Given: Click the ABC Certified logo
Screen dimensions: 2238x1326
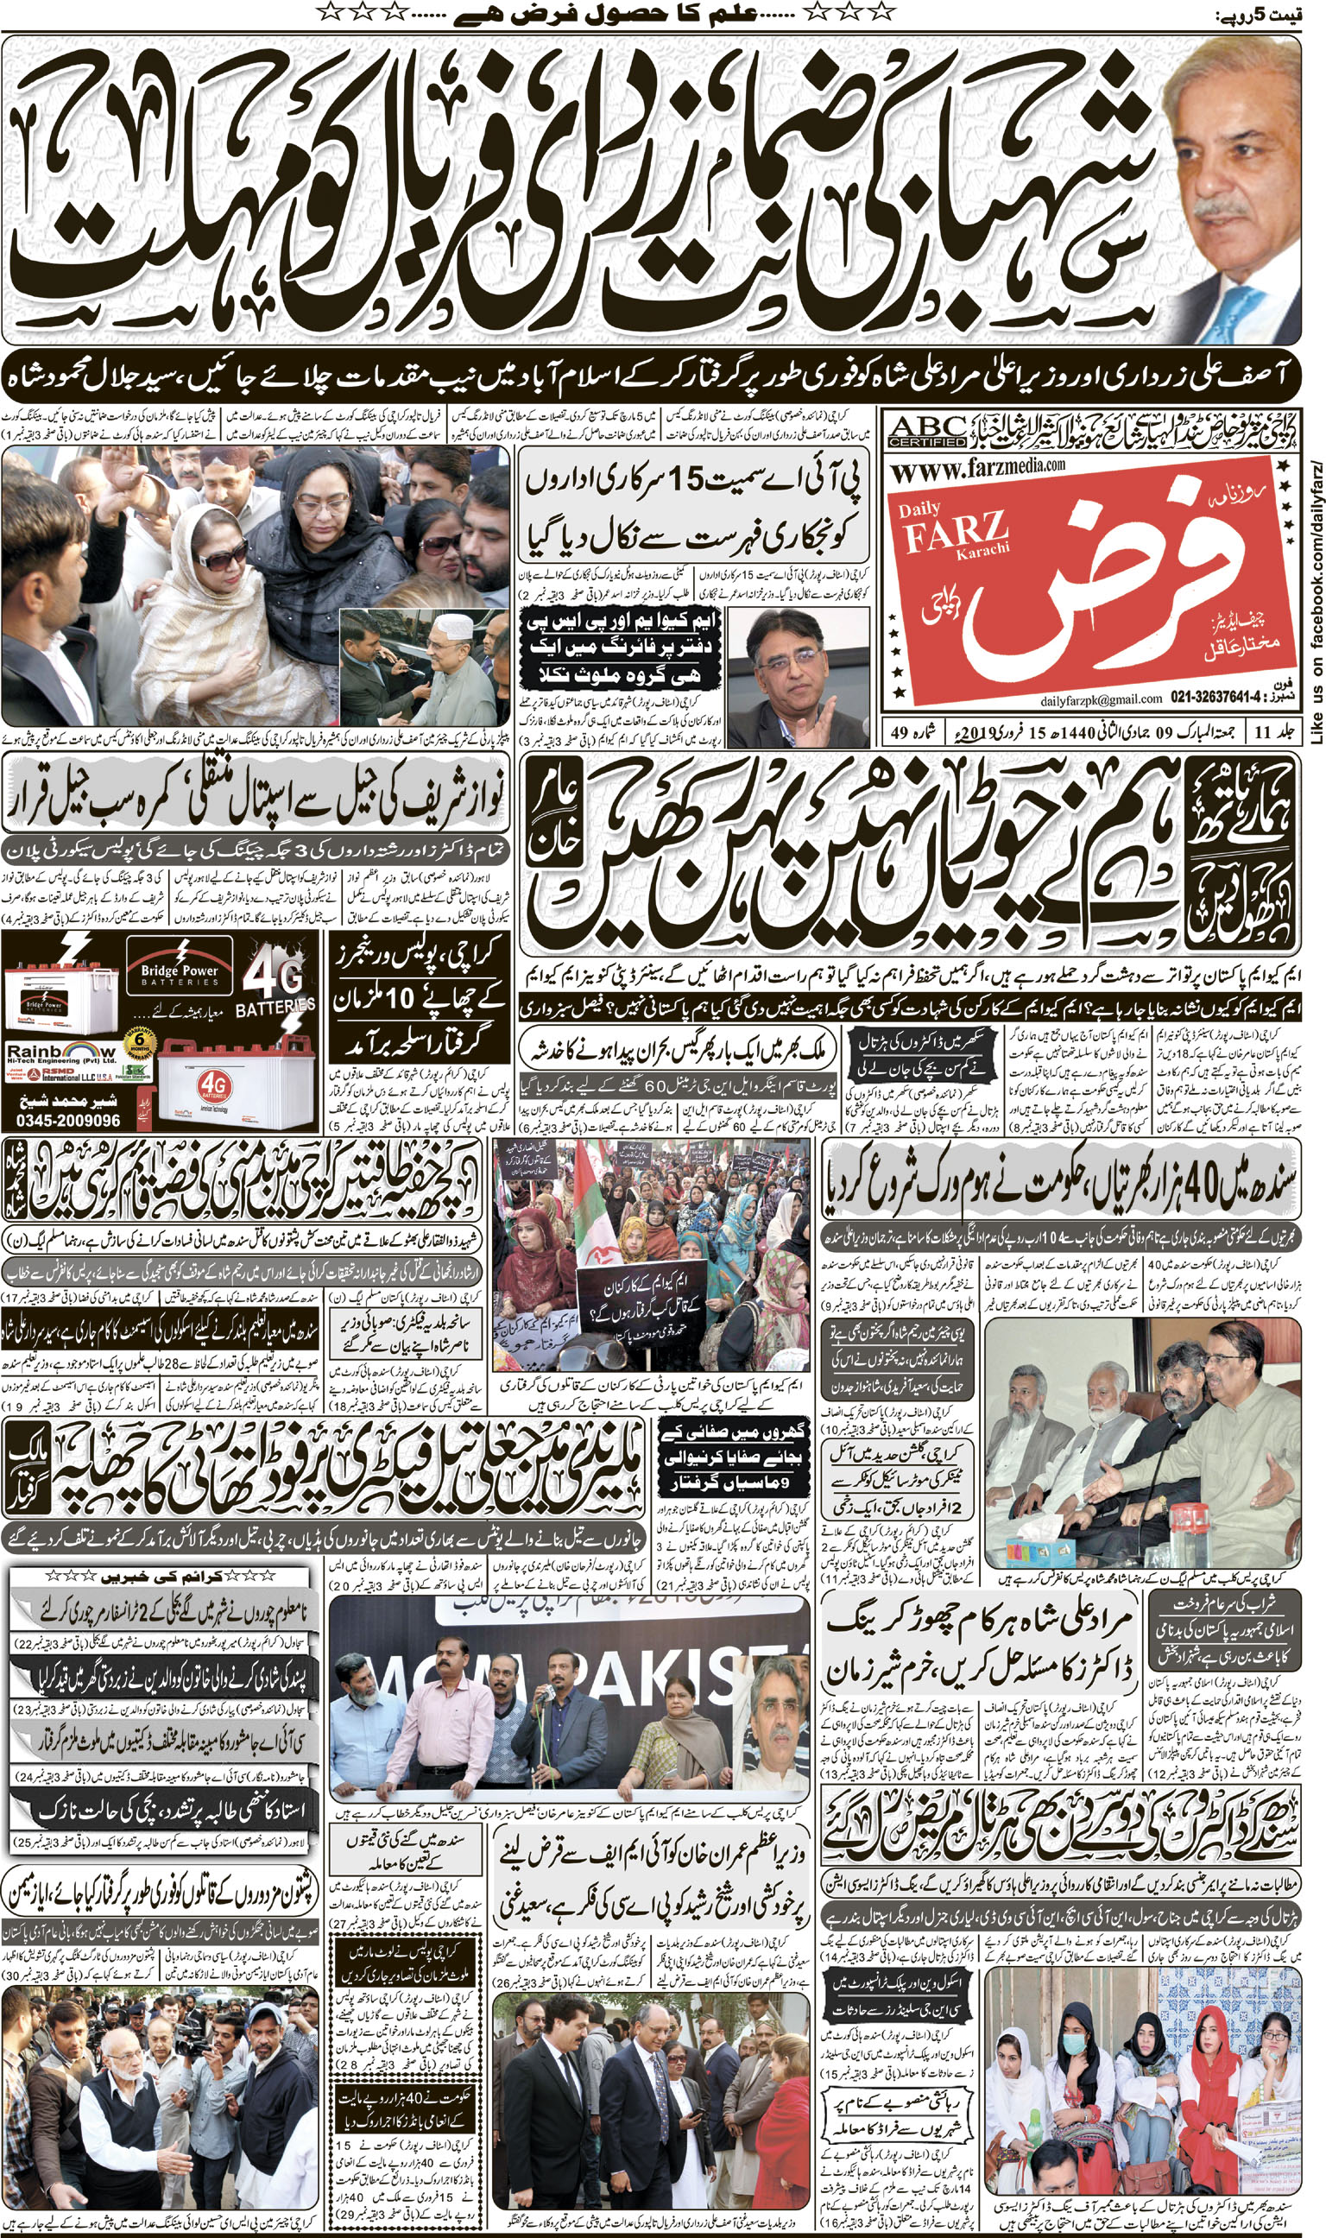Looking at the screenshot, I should point(926,431).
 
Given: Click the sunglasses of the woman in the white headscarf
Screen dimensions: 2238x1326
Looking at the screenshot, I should point(220,559).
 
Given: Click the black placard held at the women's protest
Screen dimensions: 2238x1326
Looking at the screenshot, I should point(641,1288).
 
